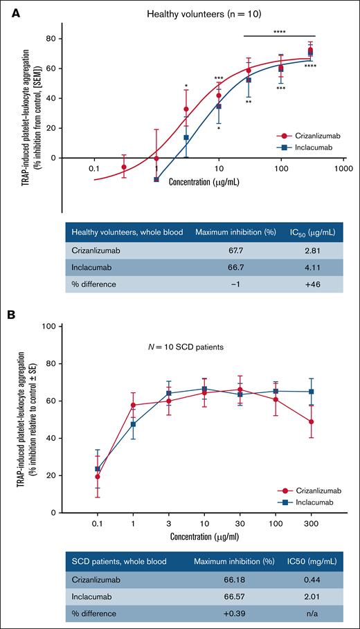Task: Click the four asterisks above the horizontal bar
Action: tap(280, 31)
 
